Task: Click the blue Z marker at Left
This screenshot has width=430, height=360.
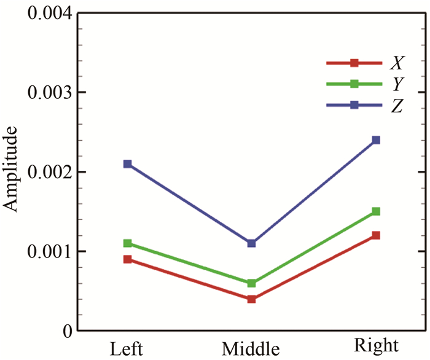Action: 127,164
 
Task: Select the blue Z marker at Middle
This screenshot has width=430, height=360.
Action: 251,243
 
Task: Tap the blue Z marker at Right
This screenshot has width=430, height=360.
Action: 376,140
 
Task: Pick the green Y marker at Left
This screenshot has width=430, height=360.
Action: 127,243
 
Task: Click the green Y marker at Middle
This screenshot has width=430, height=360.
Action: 251,283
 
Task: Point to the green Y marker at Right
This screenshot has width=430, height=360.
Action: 376,211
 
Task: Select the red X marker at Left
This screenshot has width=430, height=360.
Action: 127,259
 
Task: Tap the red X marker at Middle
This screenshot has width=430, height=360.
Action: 251,299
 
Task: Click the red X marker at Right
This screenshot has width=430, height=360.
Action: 376,235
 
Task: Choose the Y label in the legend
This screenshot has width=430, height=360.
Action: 396,84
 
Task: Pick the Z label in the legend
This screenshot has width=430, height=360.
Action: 396,106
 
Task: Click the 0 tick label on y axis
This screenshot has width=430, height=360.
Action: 69,331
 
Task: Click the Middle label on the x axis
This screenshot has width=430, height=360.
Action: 251,348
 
